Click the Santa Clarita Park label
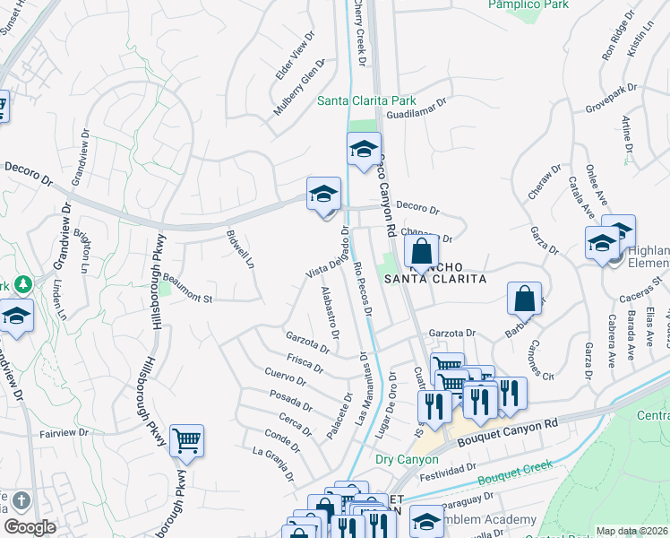point(366,100)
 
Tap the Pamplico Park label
point(528,4)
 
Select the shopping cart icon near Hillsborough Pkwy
point(186,441)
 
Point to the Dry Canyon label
point(407,459)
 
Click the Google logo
point(30,527)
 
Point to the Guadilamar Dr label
point(416,115)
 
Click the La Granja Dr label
point(274,462)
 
